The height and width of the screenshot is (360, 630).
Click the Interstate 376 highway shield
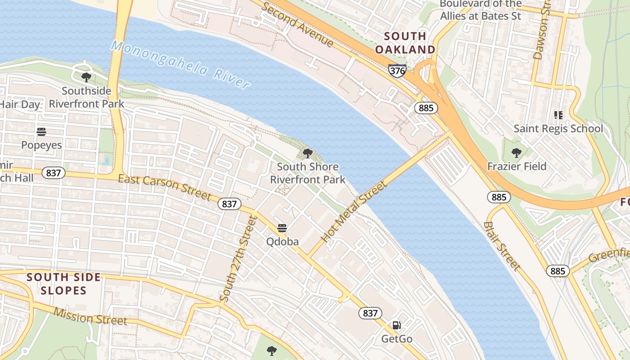[x=397, y=70]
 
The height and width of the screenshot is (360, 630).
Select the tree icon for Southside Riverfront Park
[x=86, y=77]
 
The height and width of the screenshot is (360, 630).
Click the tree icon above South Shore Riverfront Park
[x=308, y=153]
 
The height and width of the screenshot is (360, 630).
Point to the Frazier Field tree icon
[x=517, y=153]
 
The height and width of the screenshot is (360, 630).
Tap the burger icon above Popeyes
[x=41, y=132]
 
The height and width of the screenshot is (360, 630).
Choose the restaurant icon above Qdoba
[x=282, y=228]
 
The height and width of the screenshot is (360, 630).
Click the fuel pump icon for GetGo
[x=396, y=325]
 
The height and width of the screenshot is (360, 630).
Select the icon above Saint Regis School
[x=558, y=115]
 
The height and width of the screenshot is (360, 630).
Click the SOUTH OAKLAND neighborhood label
[x=405, y=43]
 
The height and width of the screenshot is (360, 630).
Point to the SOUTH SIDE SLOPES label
[x=63, y=284]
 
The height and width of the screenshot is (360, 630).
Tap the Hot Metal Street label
[x=354, y=211]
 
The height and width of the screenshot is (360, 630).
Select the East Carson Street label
[x=164, y=187]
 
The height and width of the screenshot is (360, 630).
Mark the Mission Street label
[x=90, y=316]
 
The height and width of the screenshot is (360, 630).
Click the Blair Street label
[x=502, y=246]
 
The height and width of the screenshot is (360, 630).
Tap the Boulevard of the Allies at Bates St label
[x=481, y=10]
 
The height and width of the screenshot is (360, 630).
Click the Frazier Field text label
[x=517, y=166]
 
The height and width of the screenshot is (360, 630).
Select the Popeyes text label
[x=41, y=145]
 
